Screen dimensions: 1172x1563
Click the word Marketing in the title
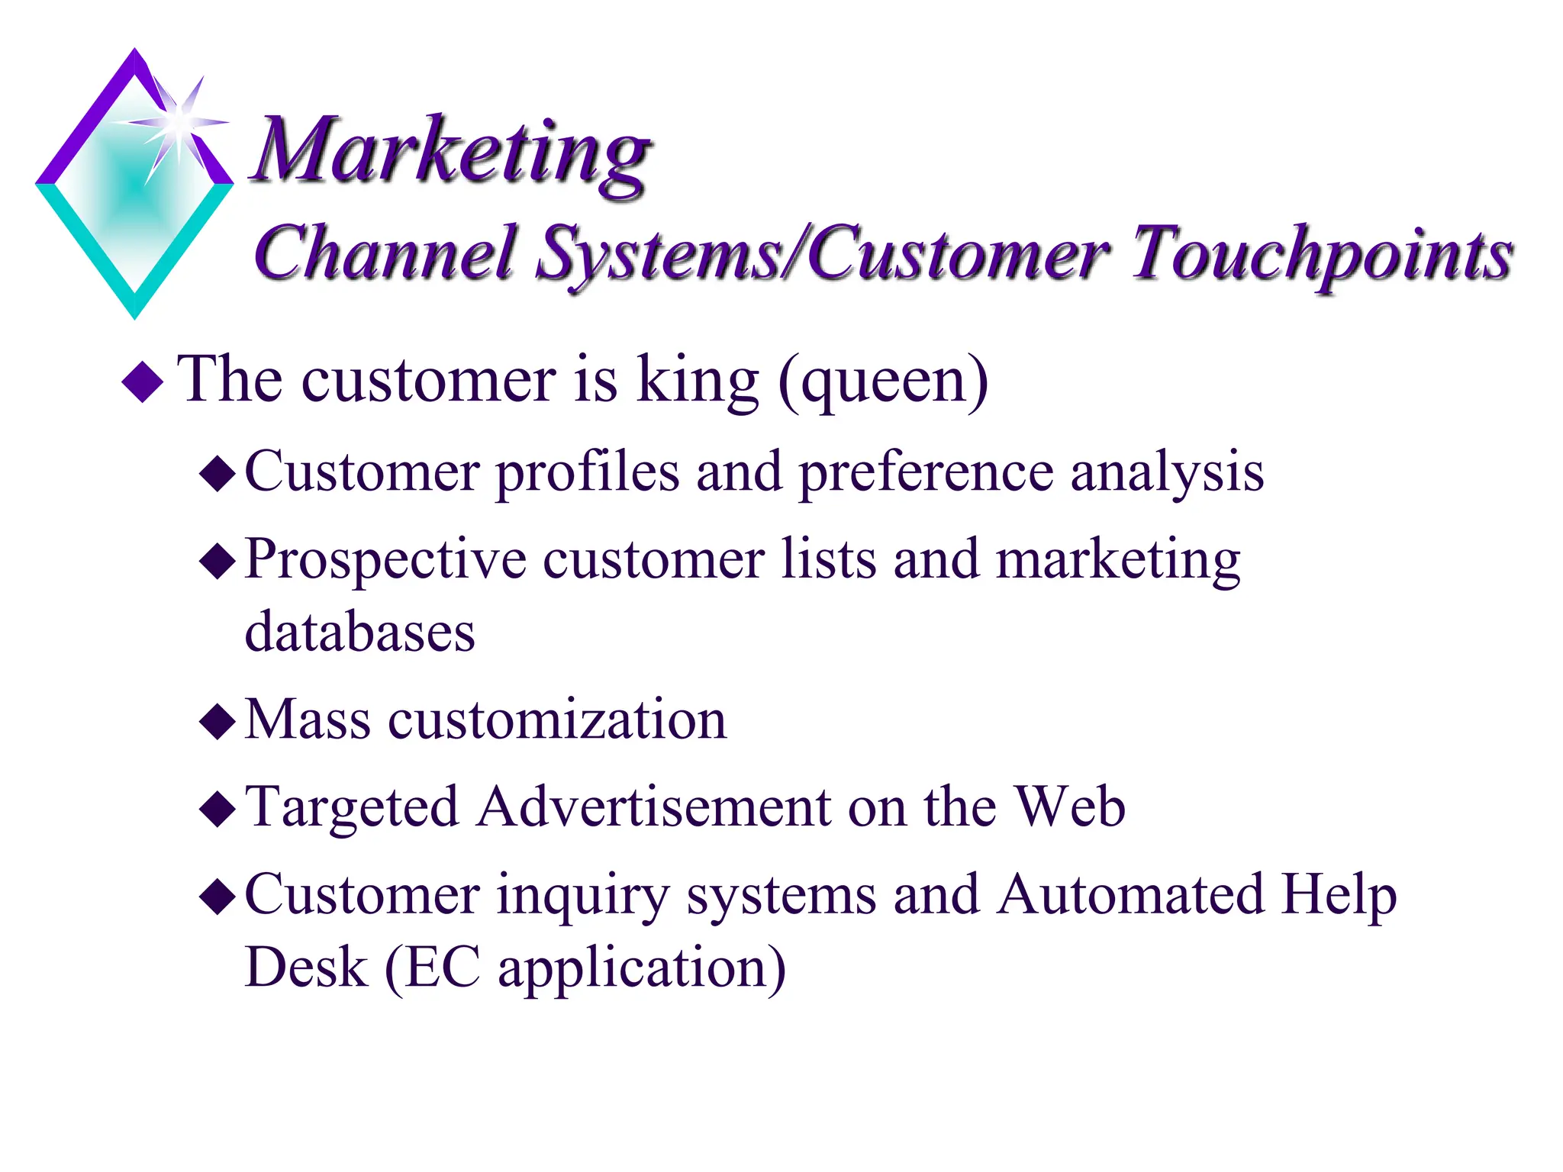450,153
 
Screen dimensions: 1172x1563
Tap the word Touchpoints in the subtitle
1320,256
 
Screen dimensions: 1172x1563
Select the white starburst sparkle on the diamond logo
179,122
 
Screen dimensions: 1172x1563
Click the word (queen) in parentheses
883,382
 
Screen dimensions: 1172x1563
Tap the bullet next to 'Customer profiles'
218,474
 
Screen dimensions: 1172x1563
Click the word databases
359,633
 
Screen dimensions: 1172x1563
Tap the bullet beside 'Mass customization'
218,721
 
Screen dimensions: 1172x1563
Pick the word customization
557,720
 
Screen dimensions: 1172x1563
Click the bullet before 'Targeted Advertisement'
218,810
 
